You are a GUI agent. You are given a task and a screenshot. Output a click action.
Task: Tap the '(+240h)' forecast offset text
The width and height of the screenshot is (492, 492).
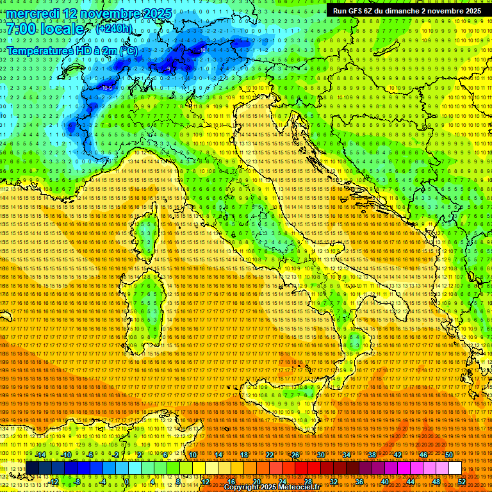point(113,28)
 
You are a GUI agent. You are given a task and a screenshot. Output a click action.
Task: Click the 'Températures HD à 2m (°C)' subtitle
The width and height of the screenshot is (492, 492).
point(72,50)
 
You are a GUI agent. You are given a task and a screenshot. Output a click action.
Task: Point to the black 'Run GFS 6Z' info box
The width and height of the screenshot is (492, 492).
point(406,11)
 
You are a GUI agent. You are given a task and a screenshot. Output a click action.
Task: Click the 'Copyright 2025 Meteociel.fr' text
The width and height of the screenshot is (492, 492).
point(276,487)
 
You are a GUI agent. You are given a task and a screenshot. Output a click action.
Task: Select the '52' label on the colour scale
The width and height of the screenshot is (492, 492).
point(462,481)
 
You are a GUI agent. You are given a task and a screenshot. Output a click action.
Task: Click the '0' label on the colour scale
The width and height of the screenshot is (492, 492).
point(127,481)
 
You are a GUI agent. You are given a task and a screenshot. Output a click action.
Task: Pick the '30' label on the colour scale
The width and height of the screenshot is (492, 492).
point(321,454)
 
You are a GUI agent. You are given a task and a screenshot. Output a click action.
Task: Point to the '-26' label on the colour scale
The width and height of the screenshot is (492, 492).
point(294,454)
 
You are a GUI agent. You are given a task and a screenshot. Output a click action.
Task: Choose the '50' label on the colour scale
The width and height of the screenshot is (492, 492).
point(448,454)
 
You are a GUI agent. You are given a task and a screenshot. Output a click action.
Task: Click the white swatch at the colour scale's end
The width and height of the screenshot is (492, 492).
point(455,468)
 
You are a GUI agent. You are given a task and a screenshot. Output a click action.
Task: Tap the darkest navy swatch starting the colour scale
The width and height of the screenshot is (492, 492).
point(32,468)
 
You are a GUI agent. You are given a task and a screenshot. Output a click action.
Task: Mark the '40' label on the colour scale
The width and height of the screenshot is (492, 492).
point(385,481)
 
